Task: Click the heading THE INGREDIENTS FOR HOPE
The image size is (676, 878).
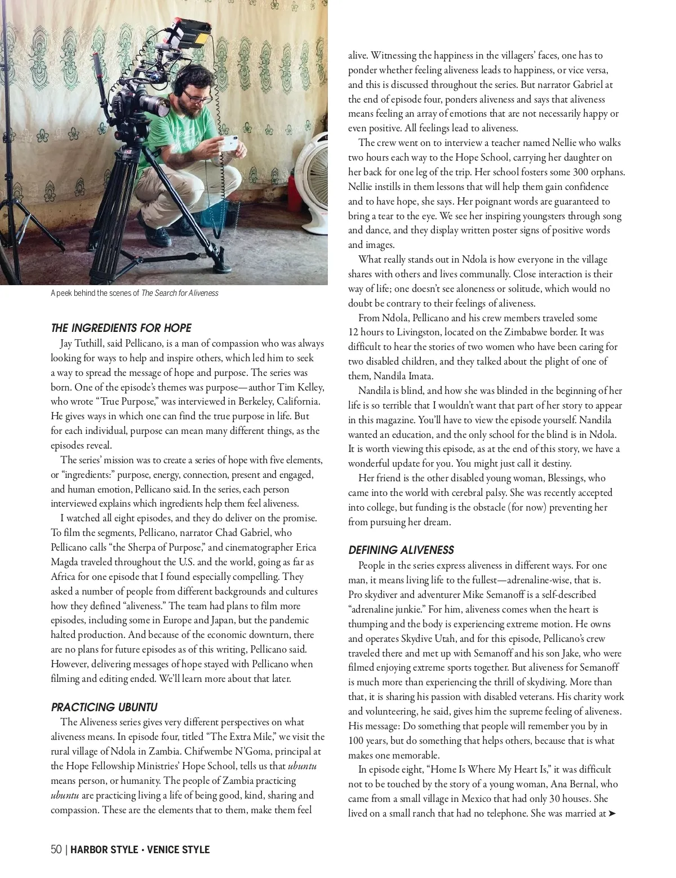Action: (x=121, y=328)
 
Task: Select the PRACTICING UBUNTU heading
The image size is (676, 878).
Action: (x=104, y=707)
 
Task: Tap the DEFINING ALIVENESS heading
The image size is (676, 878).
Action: (x=401, y=550)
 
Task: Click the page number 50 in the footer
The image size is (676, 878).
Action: (x=56, y=849)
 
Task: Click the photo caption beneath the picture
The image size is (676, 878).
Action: (x=134, y=293)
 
